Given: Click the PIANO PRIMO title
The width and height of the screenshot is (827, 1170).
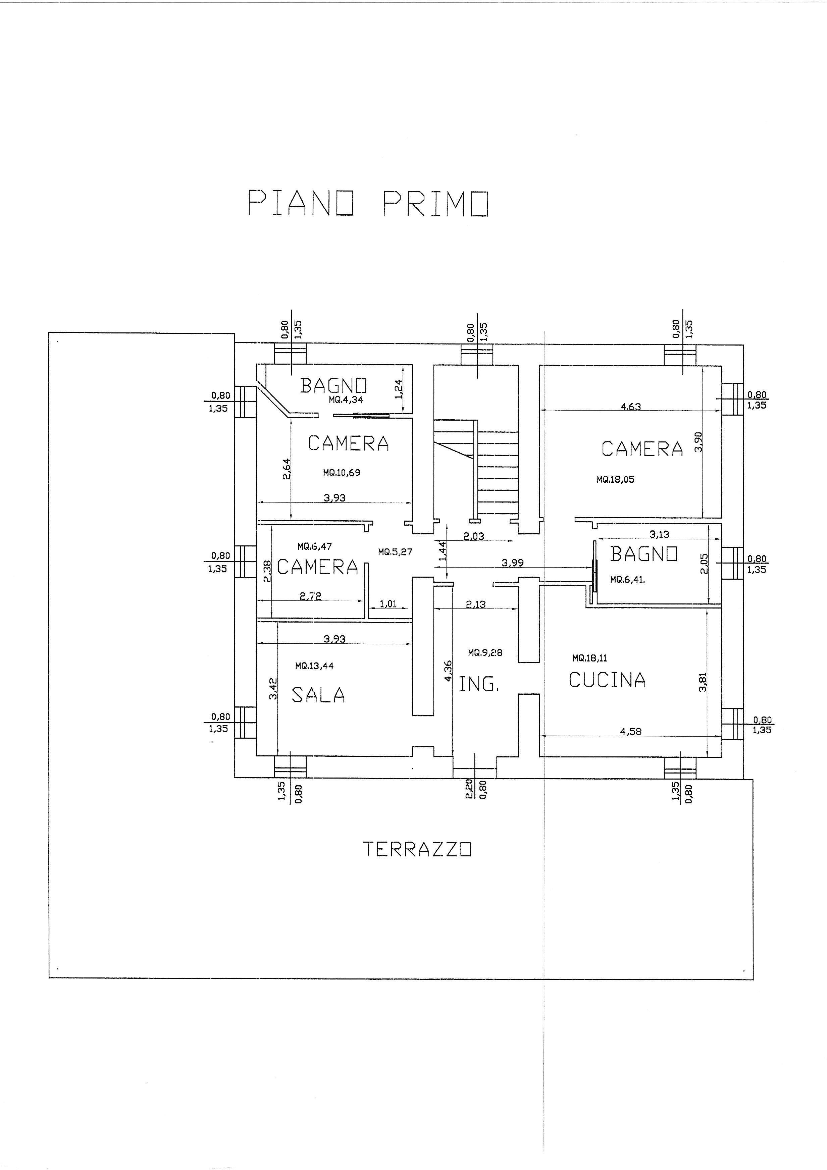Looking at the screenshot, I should (x=368, y=203).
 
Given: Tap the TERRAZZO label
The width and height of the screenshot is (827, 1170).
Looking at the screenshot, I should (x=417, y=849).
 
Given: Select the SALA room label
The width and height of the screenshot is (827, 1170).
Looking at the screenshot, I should (x=318, y=695).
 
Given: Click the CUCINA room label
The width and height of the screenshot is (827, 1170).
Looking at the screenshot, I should (x=607, y=680).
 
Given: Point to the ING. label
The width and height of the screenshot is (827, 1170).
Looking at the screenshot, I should (x=478, y=684).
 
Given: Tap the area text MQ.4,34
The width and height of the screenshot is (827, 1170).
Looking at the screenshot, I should (x=346, y=400).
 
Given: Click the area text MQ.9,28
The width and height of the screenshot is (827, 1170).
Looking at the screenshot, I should (x=485, y=652).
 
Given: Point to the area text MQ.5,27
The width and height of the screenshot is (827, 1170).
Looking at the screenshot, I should (x=395, y=551).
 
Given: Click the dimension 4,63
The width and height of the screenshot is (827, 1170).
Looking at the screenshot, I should (x=630, y=407).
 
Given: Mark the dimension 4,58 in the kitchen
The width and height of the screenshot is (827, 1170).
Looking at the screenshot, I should (x=630, y=731).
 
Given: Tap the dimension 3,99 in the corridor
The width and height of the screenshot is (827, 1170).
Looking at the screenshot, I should (x=513, y=563).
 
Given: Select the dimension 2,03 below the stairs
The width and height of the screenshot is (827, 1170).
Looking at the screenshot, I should (x=473, y=536).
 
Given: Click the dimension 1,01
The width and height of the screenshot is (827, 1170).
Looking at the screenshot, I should (x=388, y=604).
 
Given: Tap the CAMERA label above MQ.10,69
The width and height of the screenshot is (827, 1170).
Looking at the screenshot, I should (x=349, y=443).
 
